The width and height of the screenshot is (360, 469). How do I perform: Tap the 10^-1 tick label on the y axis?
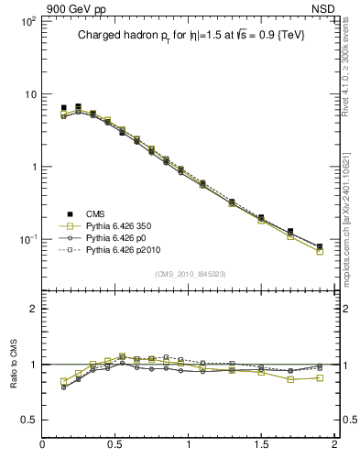tap(26, 239)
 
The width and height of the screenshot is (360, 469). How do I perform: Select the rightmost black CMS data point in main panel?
tap(320, 246)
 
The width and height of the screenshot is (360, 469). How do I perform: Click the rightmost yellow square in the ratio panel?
tap(320, 377)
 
